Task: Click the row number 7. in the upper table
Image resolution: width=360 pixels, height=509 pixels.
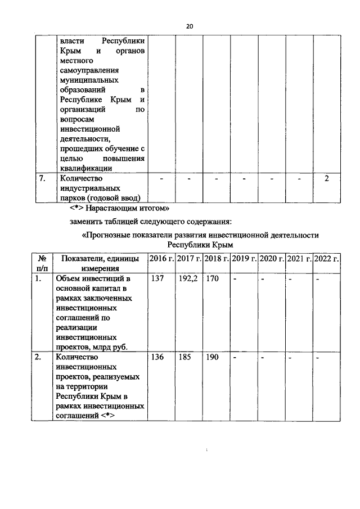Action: (42, 179)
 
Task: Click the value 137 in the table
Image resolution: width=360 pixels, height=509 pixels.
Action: (157, 278)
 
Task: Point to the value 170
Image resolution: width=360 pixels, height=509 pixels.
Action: (212, 278)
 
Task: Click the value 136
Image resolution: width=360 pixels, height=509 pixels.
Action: (157, 357)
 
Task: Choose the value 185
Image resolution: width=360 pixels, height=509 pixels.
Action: (185, 357)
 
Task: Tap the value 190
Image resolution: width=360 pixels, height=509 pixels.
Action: (212, 357)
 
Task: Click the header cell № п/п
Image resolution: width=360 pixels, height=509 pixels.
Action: (42, 263)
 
